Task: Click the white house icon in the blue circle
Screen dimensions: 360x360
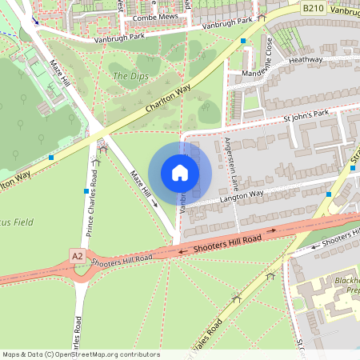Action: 179,173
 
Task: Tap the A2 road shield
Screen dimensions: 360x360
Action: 77,256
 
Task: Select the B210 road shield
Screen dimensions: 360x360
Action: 314,7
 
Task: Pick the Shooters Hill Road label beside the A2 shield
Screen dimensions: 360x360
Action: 122,258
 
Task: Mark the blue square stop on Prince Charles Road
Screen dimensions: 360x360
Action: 86,191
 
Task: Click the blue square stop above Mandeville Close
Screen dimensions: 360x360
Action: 243,40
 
